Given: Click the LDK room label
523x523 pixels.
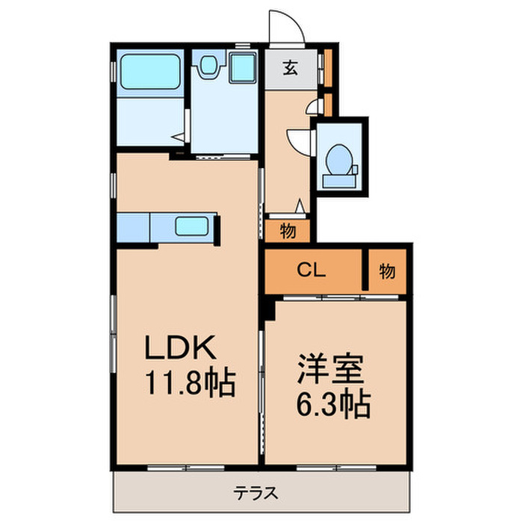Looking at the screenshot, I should [179, 350].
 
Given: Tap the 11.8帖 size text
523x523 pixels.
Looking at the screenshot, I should [190, 384].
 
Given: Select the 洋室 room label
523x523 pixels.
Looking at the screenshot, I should [333, 369].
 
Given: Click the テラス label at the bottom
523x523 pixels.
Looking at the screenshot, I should [257, 492].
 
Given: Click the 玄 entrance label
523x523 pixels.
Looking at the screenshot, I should [290, 69].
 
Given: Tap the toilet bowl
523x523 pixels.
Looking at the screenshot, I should [341, 157].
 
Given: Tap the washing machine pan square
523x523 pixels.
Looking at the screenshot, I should [242, 69].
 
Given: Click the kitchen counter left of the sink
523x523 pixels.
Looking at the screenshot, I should [133, 226].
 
